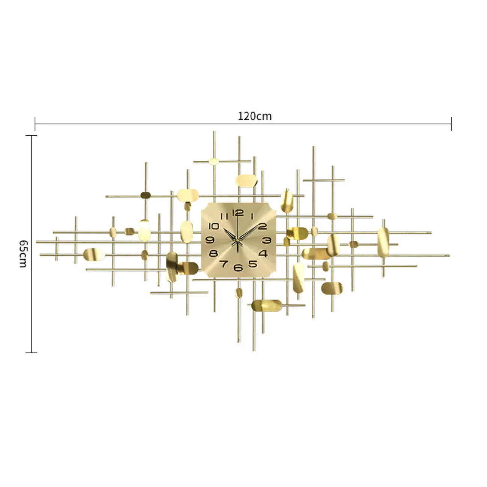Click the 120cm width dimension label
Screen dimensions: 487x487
click(254, 116)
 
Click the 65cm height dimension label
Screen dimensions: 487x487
click(23, 254)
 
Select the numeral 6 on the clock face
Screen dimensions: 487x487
click(238, 267)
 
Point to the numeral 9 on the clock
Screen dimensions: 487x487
click(210, 240)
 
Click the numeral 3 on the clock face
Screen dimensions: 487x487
click(267, 240)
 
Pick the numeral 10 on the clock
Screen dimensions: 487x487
click(214, 226)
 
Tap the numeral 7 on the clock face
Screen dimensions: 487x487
click(223, 264)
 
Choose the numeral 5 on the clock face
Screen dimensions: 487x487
click(252, 264)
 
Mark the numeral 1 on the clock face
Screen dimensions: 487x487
click(252, 216)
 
